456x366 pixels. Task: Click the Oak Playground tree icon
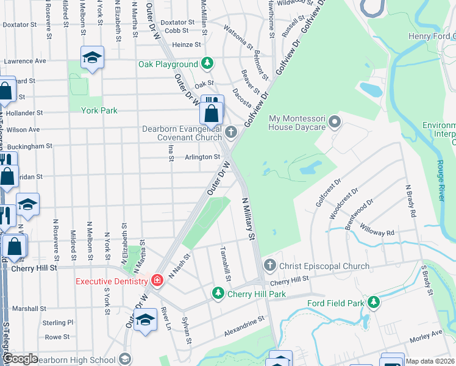point(208,64)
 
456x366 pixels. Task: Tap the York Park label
point(100,110)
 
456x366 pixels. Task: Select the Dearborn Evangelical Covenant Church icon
point(231,132)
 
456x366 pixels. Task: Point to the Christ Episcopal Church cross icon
point(269,266)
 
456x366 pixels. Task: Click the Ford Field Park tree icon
point(372,303)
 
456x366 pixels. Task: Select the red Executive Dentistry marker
point(157,281)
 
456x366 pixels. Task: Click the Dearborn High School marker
point(126,359)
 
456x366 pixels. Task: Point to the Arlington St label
point(202,157)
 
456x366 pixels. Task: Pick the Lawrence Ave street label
point(24,61)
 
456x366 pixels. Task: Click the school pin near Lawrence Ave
point(92,58)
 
